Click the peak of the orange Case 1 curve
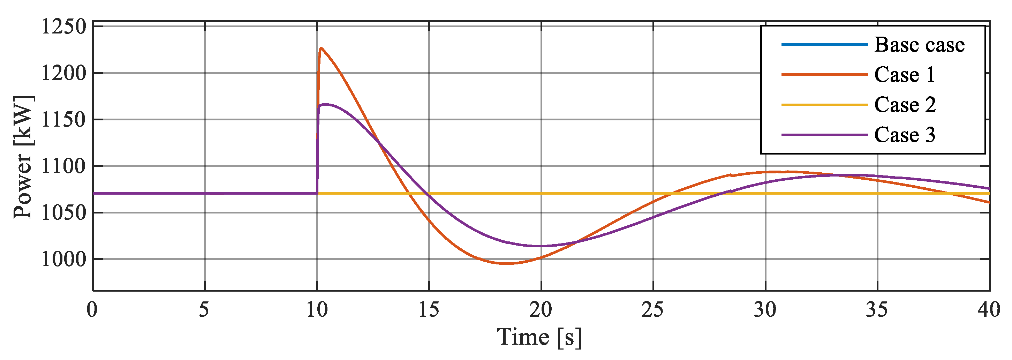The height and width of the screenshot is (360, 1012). [321, 48]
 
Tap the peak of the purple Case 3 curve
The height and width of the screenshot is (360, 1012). [325, 105]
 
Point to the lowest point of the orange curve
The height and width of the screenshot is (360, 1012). [506, 263]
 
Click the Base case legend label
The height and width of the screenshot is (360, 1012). [919, 44]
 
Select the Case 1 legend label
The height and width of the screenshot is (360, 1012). [904, 74]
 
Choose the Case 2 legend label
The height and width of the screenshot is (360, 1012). [905, 105]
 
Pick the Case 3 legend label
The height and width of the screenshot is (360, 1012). [904, 135]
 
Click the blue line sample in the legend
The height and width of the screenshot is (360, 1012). [824, 44]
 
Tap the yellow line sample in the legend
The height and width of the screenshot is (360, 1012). [824, 105]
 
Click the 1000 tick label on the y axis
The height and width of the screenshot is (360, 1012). [63, 260]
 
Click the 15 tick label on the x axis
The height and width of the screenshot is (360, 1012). [429, 310]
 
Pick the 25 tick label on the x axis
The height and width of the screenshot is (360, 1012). [652, 310]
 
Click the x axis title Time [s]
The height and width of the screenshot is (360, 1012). [539, 337]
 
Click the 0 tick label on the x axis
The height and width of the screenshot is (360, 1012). [92, 310]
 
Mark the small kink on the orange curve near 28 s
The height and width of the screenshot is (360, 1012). [731, 175]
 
